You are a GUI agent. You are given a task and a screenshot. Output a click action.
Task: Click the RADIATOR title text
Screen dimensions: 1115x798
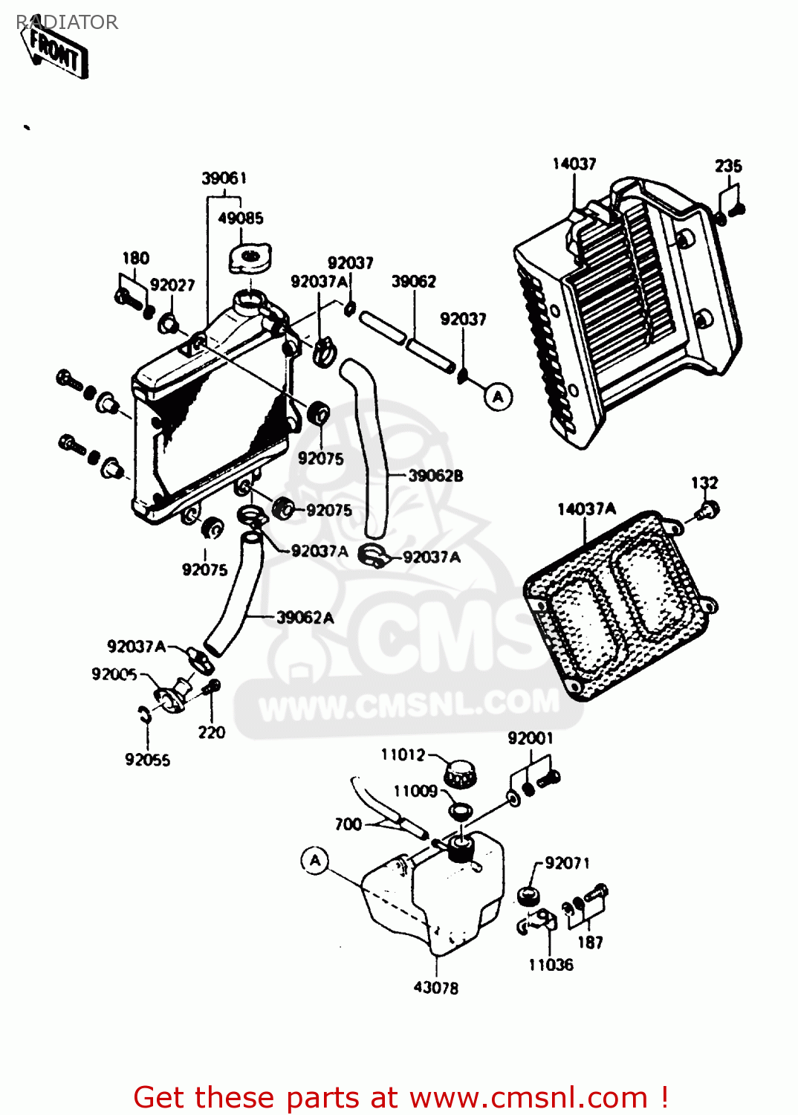pyautogui.click(x=67, y=22)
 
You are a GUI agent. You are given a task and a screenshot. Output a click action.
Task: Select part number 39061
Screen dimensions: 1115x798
pyautogui.click(x=224, y=178)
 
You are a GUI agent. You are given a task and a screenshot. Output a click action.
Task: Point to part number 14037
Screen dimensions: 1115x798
pyautogui.click(x=574, y=164)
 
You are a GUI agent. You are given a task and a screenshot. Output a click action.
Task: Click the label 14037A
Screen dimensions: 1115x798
pyautogui.click(x=586, y=509)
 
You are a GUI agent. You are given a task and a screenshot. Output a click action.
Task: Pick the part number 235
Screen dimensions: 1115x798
pyautogui.click(x=728, y=166)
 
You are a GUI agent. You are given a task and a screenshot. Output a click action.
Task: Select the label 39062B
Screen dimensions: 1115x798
pyautogui.click(x=435, y=476)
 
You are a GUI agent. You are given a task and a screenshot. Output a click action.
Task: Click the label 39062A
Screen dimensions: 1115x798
pyautogui.click(x=305, y=618)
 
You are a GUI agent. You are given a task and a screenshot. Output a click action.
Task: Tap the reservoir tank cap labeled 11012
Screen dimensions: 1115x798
pyautogui.click(x=459, y=774)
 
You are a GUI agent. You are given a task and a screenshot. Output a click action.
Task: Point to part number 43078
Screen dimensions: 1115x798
pyautogui.click(x=435, y=988)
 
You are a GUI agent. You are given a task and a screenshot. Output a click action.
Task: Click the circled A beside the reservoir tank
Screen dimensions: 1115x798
pyautogui.click(x=315, y=861)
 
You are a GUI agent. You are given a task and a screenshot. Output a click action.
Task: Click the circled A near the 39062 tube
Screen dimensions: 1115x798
pyautogui.click(x=498, y=397)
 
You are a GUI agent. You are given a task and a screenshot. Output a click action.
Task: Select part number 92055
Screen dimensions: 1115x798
pyautogui.click(x=147, y=760)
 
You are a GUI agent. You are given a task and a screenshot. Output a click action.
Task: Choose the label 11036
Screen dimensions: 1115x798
pyautogui.click(x=551, y=965)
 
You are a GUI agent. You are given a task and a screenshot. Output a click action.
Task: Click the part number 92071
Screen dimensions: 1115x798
pyautogui.click(x=567, y=863)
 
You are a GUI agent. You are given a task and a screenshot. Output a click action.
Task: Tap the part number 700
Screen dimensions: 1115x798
pyautogui.click(x=348, y=824)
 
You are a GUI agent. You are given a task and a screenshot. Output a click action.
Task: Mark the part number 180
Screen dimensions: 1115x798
pyautogui.click(x=135, y=258)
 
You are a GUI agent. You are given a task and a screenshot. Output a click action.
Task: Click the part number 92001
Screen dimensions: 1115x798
pyautogui.click(x=530, y=738)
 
